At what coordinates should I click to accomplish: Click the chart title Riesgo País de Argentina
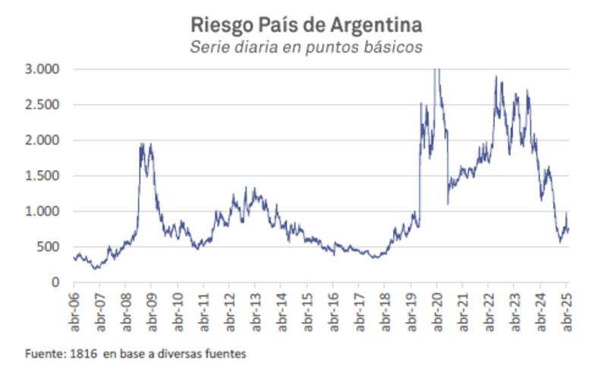pos(306,24)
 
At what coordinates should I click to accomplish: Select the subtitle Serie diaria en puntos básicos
pos(306,47)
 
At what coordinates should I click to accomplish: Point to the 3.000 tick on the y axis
pos(44,70)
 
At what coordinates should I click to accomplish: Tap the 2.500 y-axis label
pos(44,105)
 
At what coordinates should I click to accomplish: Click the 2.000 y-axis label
pos(44,140)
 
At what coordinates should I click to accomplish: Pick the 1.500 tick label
pos(44,176)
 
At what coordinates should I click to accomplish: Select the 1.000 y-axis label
pos(44,212)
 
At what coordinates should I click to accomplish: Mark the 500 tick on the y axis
pos(49,247)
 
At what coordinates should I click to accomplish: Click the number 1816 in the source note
pos(80,354)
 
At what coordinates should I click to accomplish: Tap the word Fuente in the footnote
pos(42,354)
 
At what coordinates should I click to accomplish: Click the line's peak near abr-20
pos(436,71)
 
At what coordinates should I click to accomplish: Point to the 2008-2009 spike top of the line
pos(142,143)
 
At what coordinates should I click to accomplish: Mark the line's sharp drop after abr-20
pos(448,167)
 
